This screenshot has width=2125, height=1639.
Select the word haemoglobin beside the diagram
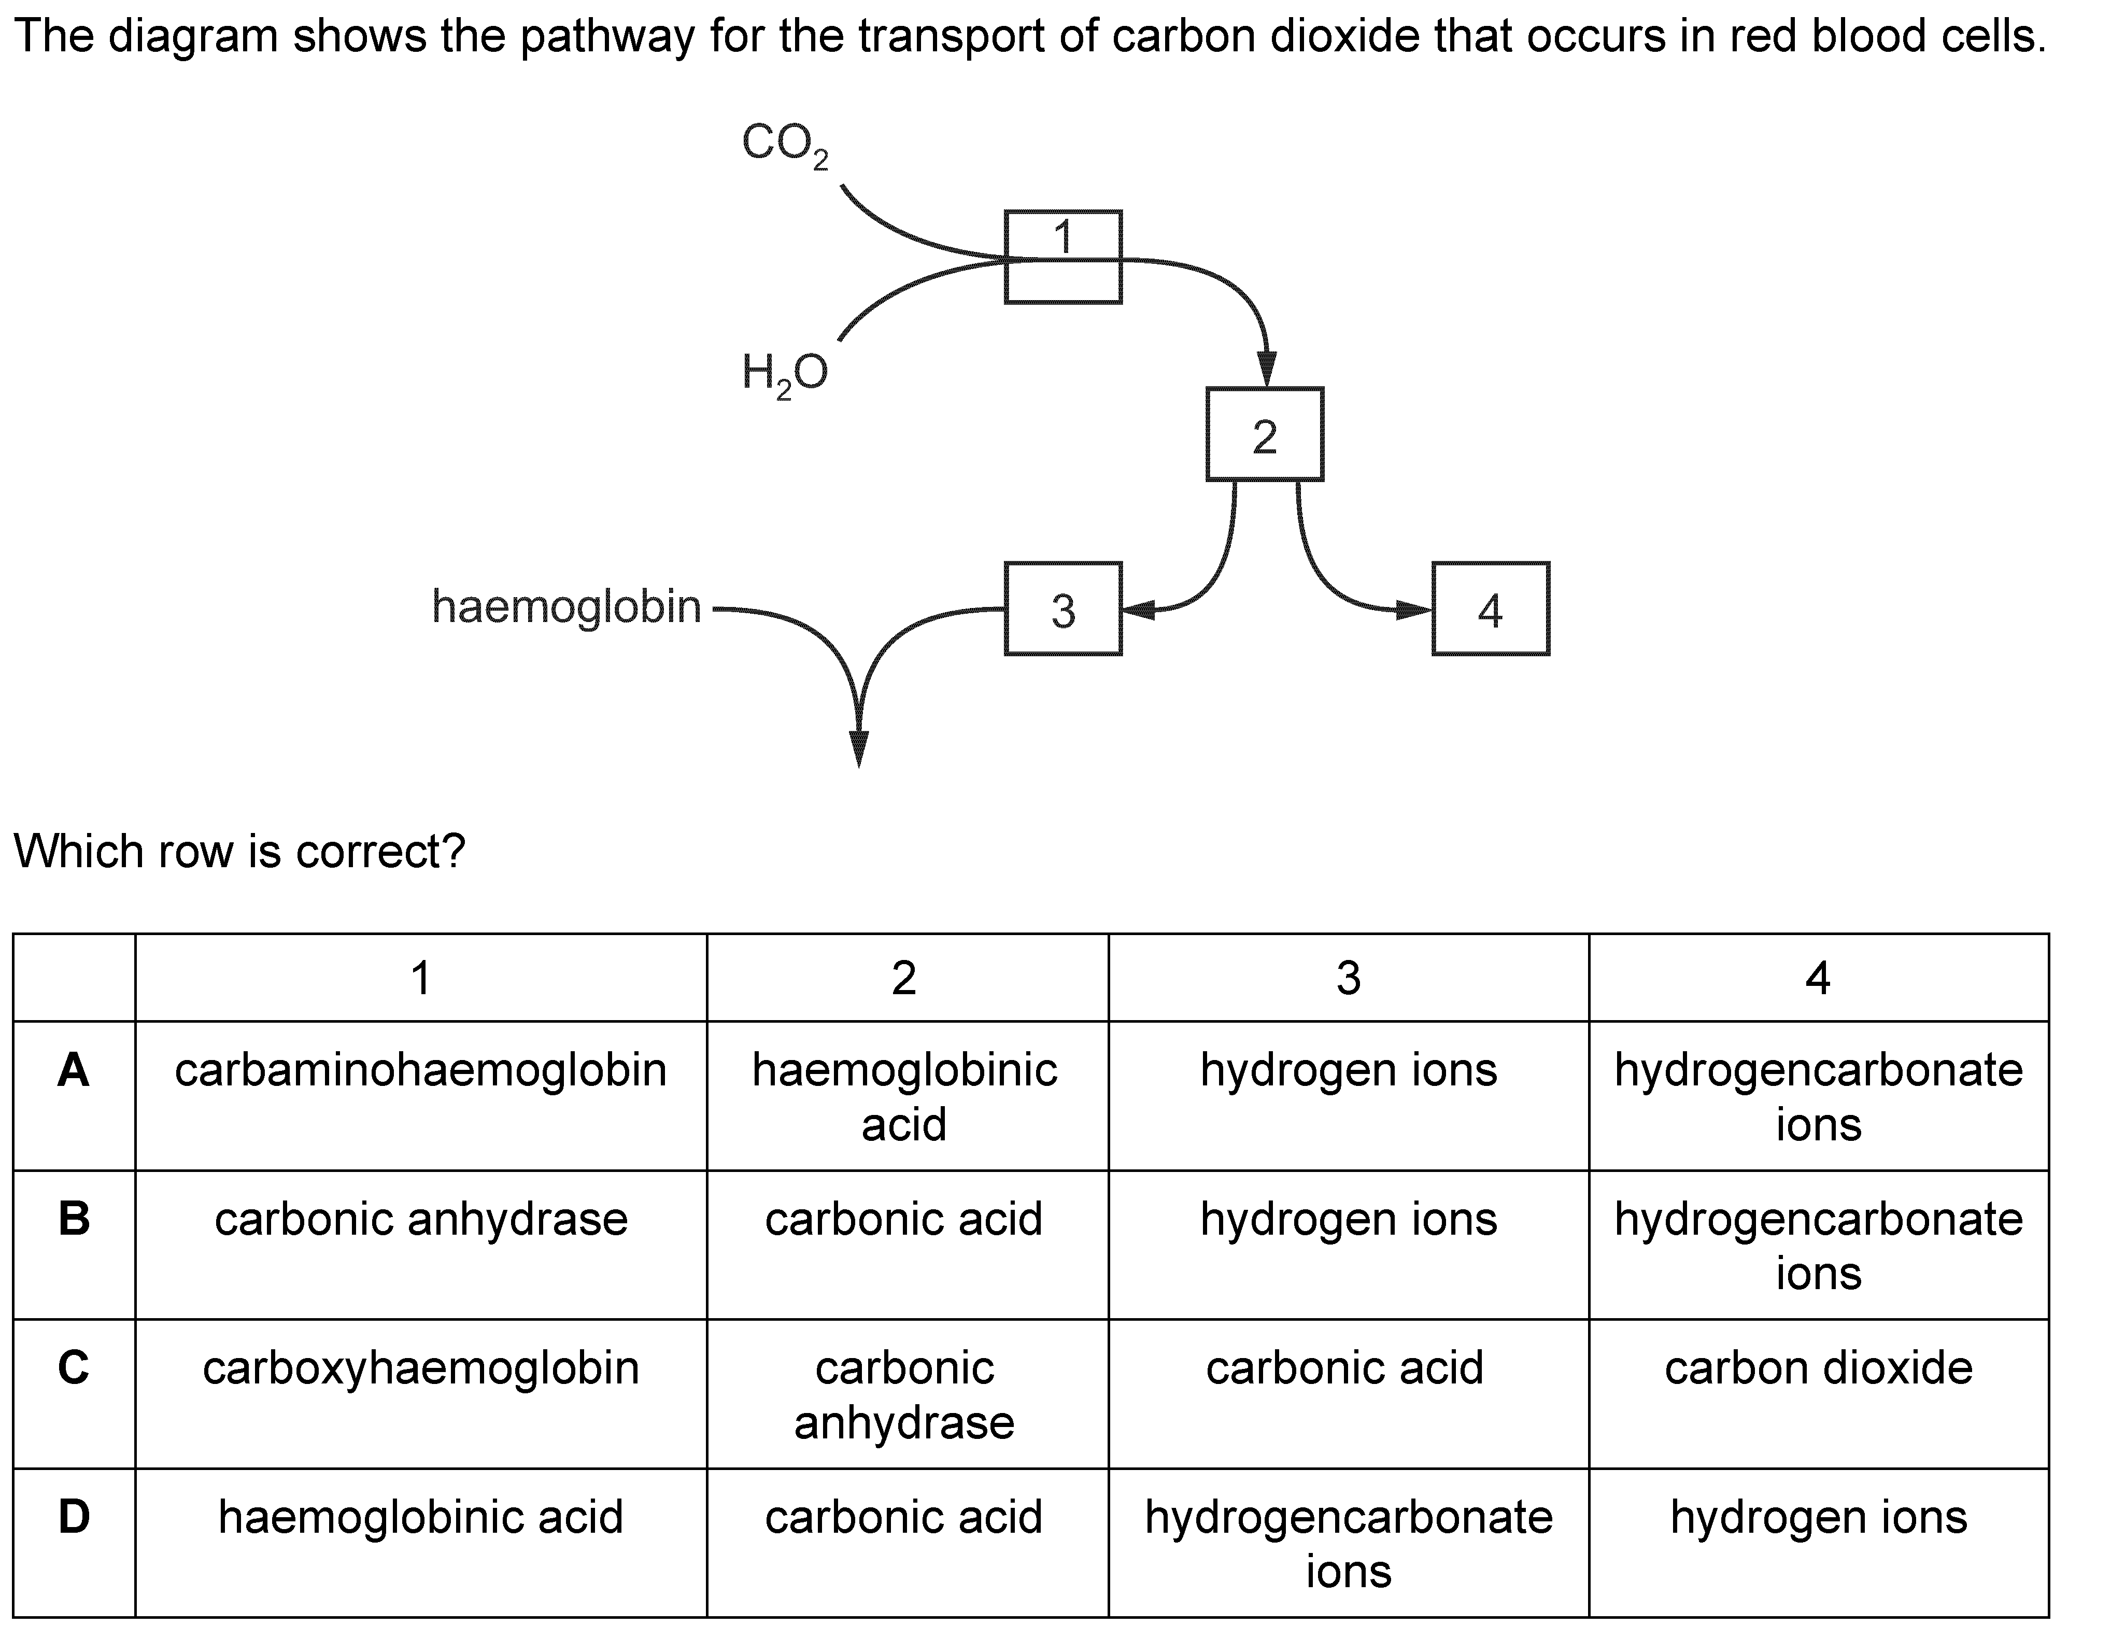(566, 606)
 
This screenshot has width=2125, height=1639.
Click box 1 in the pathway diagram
(1062, 257)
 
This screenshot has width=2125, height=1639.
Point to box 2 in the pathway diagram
(1264, 434)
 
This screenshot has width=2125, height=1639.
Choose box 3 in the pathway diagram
(1062, 609)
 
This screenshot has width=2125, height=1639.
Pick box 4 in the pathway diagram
(1491, 609)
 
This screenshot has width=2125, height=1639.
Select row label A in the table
(74, 1070)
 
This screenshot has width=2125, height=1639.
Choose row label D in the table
(74, 1516)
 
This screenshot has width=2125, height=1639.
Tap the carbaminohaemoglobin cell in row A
(420, 1070)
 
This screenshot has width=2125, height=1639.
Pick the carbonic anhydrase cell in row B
(420, 1220)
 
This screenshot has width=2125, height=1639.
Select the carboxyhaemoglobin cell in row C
(420, 1368)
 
